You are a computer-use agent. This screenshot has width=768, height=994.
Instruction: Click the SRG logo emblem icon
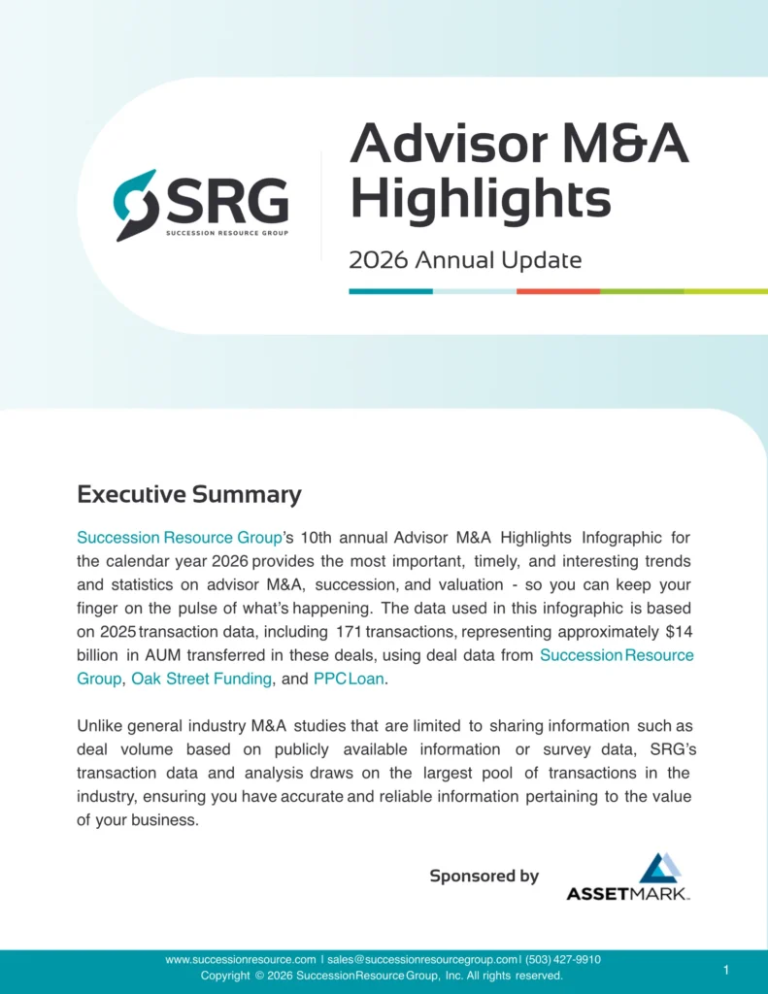click(135, 205)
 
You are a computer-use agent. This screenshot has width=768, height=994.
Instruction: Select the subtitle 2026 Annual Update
click(465, 260)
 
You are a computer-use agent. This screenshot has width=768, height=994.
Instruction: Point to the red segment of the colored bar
click(557, 290)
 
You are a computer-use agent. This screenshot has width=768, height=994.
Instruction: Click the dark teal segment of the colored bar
click(390, 290)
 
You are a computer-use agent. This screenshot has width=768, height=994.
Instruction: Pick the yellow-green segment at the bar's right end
click(725, 290)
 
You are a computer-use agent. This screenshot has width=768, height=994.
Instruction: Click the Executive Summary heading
click(189, 494)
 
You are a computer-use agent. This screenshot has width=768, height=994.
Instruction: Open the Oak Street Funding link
click(201, 679)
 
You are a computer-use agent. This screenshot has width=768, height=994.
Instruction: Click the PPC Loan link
click(349, 679)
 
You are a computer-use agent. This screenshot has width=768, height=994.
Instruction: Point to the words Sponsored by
click(484, 876)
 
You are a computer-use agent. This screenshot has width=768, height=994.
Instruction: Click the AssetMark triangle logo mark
click(660, 869)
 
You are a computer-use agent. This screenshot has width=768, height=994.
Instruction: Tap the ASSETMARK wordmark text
click(628, 893)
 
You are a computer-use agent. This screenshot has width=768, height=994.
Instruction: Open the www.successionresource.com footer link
click(241, 959)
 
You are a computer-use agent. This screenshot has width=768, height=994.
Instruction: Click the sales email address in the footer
click(422, 959)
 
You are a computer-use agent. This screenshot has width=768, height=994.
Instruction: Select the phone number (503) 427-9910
click(563, 959)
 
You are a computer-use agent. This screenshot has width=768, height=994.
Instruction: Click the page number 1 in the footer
click(726, 970)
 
